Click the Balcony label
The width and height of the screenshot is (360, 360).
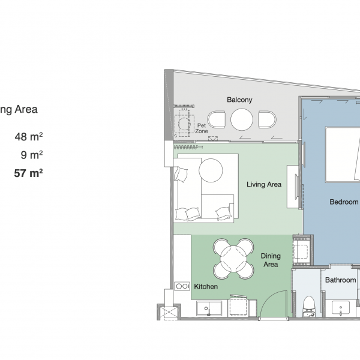(x=239, y=100)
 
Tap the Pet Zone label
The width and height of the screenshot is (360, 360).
(x=202, y=128)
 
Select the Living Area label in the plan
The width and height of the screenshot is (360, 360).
(x=264, y=184)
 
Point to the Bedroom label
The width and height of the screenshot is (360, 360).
(x=344, y=202)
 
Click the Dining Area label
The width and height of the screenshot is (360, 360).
(x=271, y=260)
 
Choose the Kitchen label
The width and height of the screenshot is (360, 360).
(x=206, y=287)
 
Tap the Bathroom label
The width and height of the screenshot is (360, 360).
(x=340, y=280)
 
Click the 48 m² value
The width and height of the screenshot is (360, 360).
(x=29, y=137)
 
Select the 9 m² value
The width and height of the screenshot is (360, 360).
(x=32, y=155)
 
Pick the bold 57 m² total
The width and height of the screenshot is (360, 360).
(x=28, y=173)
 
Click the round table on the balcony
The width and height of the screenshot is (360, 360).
(x=242, y=119)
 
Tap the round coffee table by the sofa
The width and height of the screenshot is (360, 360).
(x=211, y=170)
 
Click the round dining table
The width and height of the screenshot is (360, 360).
(x=233, y=259)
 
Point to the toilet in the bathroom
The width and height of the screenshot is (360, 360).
(x=308, y=306)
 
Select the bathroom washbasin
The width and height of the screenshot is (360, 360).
(x=341, y=308)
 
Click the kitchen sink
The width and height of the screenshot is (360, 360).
(x=209, y=308)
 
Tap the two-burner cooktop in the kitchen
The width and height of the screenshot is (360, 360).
(x=182, y=286)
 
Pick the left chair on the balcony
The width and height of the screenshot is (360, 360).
(x=216, y=119)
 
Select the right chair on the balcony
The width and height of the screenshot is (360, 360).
(x=267, y=119)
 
